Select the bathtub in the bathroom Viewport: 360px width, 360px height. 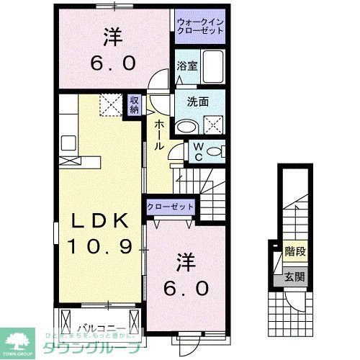tap(212, 67)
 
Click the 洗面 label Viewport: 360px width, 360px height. tap(199, 102)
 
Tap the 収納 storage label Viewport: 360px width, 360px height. tap(134, 105)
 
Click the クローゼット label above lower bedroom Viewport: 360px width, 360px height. tap(171, 206)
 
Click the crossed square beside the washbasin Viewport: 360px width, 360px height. tap(214, 125)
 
